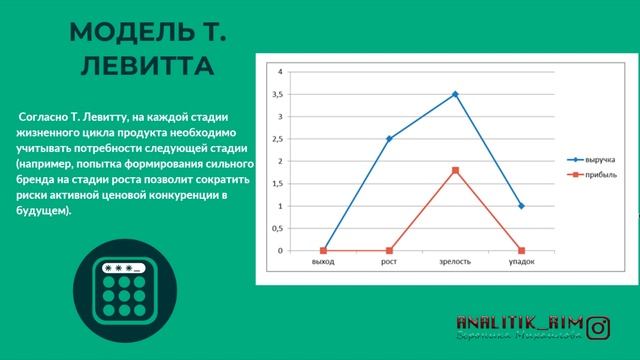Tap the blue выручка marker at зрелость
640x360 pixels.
(x=455, y=94)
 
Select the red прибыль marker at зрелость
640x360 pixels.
(x=455, y=170)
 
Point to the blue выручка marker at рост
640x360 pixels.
(x=389, y=139)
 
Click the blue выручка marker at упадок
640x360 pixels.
(x=521, y=206)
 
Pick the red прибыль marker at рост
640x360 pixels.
(x=389, y=250)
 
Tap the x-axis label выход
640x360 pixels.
(x=322, y=262)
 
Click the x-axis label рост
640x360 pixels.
(x=389, y=262)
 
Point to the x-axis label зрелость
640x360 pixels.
(x=455, y=262)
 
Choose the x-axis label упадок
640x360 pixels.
(x=521, y=262)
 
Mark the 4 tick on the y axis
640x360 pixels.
(x=281, y=72)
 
